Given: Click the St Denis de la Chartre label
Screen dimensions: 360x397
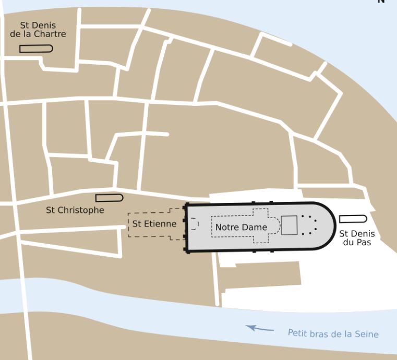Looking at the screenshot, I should [x=38, y=30].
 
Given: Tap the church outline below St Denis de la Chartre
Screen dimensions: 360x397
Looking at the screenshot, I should [x=36, y=49].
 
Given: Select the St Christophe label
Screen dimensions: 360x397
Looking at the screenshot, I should [x=75, y=210].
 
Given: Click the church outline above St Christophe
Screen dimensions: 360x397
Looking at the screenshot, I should [x=109, y=198].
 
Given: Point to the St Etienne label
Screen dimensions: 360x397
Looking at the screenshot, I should [x=154, y=224].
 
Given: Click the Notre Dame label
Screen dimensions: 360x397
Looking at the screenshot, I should [x=241, y=227].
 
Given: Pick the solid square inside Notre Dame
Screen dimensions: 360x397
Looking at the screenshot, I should [x=289, y=225].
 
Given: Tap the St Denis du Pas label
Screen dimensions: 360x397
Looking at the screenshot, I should [x=357, y=238].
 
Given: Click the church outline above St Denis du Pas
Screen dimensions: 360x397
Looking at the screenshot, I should [x=353, y=219].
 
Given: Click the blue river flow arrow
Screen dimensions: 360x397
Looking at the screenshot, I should [x=260, y=328].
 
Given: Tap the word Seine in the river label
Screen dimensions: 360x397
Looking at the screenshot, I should [x=366, y=334].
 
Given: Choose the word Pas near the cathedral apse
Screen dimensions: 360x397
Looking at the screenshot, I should [x=364, y=243].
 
